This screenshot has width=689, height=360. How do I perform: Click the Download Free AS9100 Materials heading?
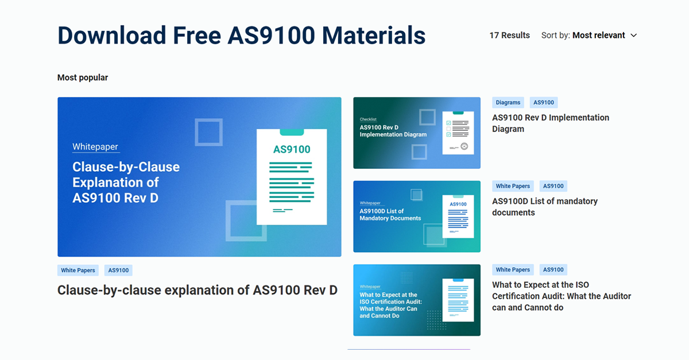(x=241, y=36)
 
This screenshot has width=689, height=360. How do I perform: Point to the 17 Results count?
(x=509, y=35)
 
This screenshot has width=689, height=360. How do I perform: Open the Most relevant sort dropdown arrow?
(x=634, y=36)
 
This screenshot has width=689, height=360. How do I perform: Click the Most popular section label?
(x=83, y=78)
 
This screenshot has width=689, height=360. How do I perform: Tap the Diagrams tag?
(x=508, y=103)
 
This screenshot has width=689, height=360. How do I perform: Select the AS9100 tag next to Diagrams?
(x=544, y=103)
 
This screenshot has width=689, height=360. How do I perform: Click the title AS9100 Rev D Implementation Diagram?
(x=550, y=123)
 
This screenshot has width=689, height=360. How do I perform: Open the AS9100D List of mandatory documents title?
(x=544, y=207)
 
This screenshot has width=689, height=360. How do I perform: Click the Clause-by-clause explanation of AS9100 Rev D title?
(x=198, y=290)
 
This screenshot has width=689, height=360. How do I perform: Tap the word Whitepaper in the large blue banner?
(x=95, y=147)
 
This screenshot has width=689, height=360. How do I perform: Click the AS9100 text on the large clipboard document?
(x=292, y=150)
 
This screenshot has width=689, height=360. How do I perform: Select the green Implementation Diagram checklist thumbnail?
(x=416, y=133)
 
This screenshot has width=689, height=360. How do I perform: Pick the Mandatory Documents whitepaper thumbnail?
(x=416, y=216)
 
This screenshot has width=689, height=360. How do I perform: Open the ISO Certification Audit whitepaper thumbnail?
(x=416, y=300)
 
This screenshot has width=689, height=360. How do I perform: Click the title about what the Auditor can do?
(x=561, y=296)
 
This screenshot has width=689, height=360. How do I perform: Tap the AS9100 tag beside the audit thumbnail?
(x=553, y=270)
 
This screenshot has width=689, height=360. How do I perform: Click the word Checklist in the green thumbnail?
(x=368, y=119)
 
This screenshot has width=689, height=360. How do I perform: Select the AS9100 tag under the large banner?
(x=118, y=270)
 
